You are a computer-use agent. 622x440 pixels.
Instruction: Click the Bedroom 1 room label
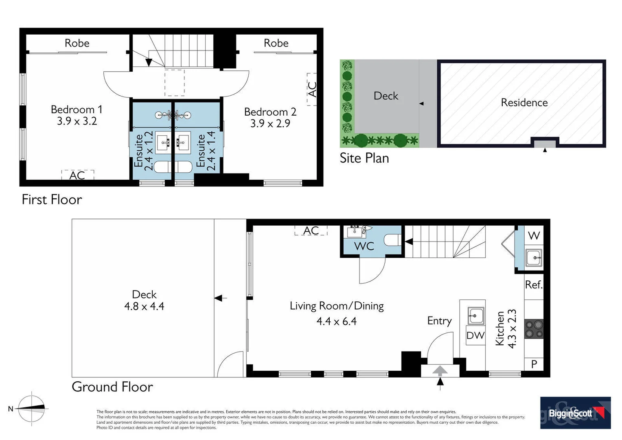point(77,110)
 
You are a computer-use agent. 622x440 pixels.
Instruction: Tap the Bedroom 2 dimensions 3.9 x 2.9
point(270,123)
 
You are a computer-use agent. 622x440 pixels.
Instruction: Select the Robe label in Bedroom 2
point(276,43)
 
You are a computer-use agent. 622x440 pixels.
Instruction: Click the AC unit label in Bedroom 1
point(77,175)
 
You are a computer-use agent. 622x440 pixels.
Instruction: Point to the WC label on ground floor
point(364,246)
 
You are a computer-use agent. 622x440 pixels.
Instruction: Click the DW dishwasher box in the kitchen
point(475,335)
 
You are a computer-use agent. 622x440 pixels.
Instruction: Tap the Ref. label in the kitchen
point(534,284)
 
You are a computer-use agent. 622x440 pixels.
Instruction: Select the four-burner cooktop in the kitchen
point(534,329)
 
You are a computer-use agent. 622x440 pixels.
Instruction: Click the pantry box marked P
point(534,364)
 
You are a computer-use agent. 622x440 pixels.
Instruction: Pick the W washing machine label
point(534,235)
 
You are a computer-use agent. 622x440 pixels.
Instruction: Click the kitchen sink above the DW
point(475,315)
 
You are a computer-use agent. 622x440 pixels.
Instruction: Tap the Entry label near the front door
point(439,321)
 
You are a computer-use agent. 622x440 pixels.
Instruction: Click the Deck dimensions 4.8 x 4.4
point(144,306)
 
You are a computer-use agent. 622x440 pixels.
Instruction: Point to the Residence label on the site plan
point(524,103)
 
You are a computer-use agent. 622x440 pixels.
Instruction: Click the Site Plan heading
point(364,158)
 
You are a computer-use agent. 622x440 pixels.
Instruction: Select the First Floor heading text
point(52,200)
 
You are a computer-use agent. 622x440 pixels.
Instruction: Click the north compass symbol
point(32,408)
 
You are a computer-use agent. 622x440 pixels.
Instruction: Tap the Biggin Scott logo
point(575,413)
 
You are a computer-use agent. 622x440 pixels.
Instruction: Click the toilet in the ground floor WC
point(392,240)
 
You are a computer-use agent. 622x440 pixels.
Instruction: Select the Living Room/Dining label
point(337,306)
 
